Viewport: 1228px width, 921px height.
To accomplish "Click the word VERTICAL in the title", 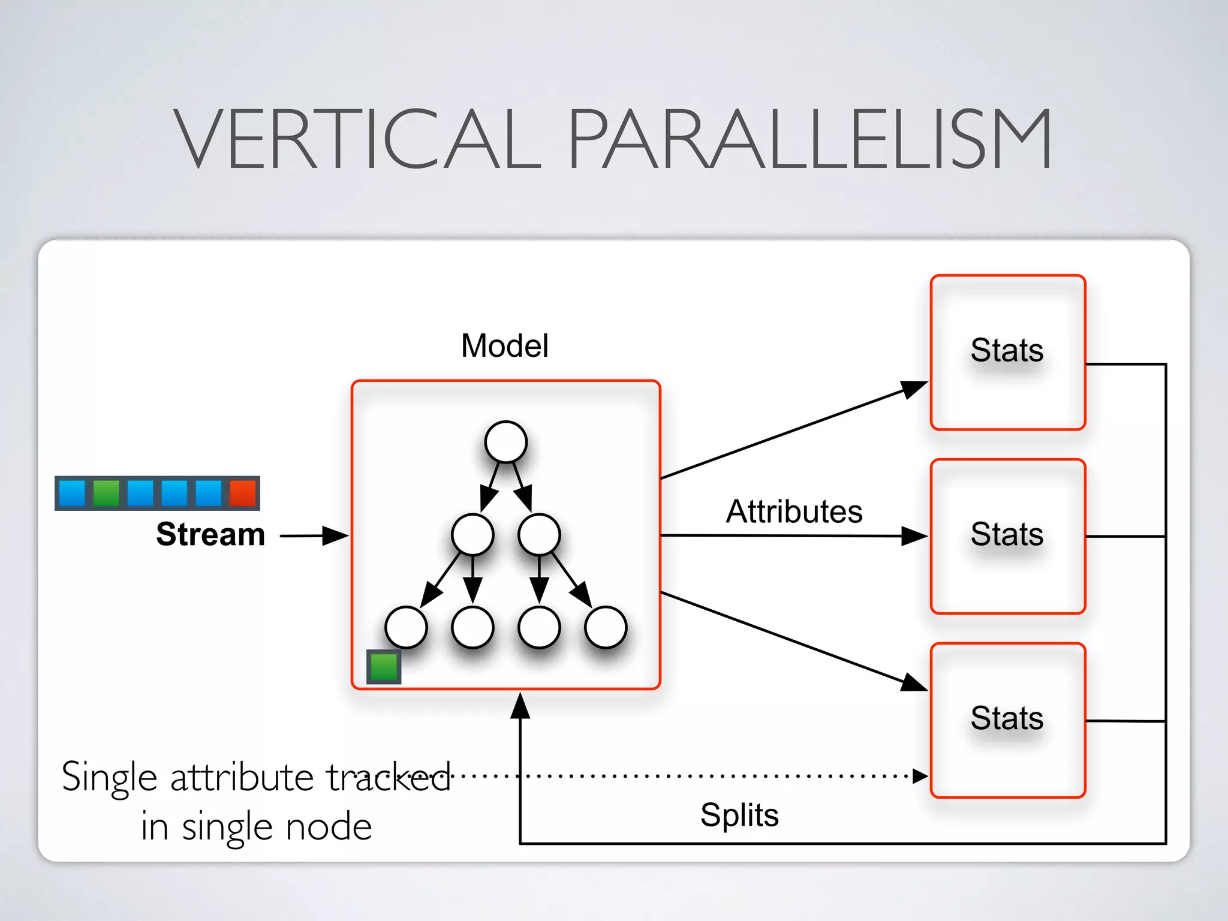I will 357,139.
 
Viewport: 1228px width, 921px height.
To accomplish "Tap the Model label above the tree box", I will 504,346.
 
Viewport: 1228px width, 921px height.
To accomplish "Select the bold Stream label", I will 210,534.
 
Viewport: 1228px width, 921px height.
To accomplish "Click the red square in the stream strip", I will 242,493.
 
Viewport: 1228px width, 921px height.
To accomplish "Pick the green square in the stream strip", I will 106,493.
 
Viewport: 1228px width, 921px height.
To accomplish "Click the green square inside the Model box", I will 384,667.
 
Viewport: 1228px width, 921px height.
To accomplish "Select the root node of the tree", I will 506,442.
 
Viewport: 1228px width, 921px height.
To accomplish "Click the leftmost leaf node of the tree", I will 407,627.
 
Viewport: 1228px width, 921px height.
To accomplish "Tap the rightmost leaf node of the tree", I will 606,627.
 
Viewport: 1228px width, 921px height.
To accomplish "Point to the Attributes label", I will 794,511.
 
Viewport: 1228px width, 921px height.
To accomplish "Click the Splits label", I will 739,815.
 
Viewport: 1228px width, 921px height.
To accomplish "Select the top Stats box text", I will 1007,350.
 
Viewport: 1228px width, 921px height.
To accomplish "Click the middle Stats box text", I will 1007,534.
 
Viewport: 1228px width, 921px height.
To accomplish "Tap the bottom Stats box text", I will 1007,718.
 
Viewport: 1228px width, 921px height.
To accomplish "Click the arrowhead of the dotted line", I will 920,776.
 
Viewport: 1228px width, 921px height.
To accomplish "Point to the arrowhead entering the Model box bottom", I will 520,705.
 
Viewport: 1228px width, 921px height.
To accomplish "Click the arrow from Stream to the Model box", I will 314,535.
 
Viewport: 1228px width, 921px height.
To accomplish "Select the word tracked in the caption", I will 388,778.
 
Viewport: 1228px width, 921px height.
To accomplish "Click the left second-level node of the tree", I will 472,534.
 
